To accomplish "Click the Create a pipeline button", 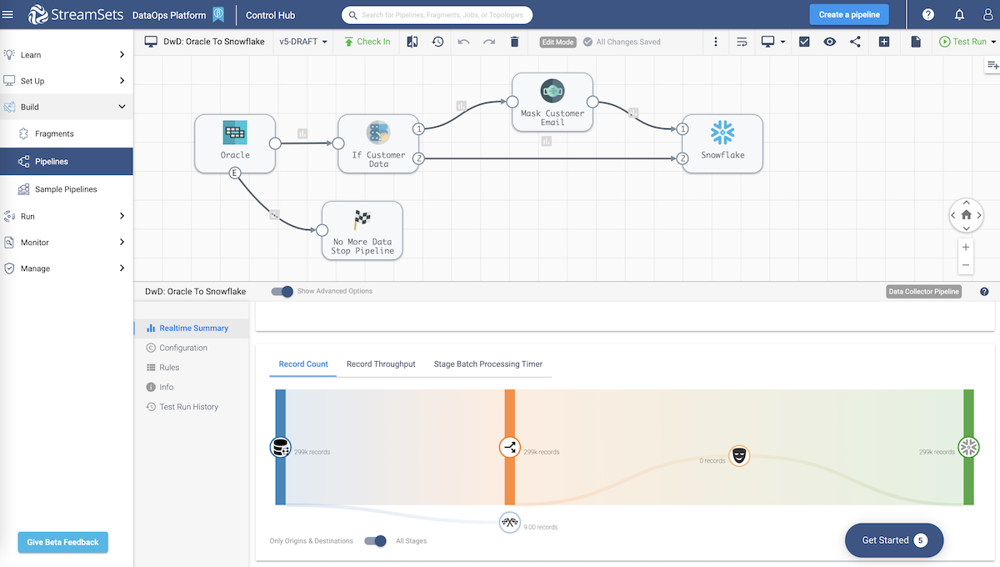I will [849, 14].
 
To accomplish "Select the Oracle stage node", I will [235, 143].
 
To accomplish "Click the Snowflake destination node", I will [722, 143].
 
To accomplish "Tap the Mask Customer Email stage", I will [552, 102].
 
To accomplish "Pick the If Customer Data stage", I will [378, 143].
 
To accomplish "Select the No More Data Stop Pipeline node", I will [362, 230].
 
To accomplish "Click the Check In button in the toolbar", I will [367, 42].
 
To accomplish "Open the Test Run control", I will [963, 42].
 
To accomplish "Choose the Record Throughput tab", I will [381, 364].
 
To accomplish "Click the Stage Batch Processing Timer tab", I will [488, 364].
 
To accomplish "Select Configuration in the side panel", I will [183, 348].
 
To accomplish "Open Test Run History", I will [188, 407].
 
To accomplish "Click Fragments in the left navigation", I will [54, 133].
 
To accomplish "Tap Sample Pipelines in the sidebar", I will [66, 189].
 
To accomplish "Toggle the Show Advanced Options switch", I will [283, 291].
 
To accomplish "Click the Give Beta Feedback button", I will [62, 542].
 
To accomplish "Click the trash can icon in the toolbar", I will [514, 42].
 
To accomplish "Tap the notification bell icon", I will [959, 14].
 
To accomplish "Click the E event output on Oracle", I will [235, 173].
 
